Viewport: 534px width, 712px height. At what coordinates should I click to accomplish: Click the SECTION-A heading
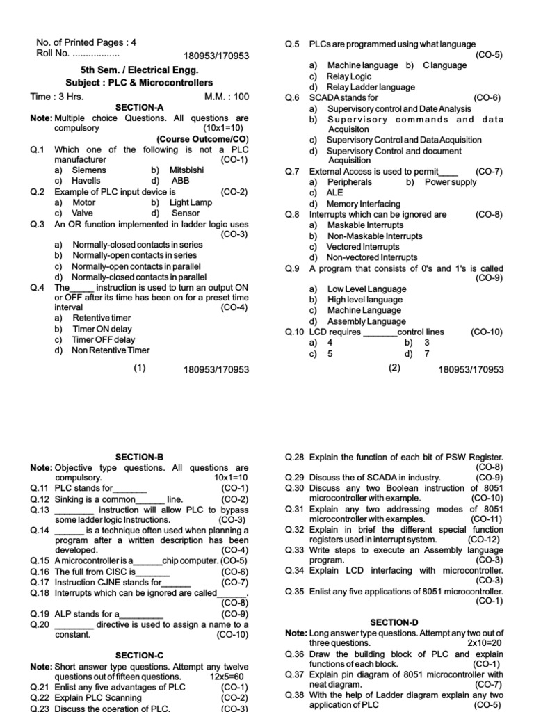(139, 108)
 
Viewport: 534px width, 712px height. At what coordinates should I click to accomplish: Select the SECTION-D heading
(394, 622)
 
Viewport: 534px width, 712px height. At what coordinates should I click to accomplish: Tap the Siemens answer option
(90, 170)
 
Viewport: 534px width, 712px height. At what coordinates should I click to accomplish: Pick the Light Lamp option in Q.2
(191, 202)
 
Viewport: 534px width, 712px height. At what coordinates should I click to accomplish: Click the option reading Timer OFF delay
(104, 340)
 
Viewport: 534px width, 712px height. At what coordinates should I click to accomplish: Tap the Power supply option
(450, 182)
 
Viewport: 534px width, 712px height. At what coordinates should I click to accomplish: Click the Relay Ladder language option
(371, 87)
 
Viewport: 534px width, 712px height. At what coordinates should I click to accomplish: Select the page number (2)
(394, 369)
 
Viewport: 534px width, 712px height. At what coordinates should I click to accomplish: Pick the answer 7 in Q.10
(426, 353)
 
